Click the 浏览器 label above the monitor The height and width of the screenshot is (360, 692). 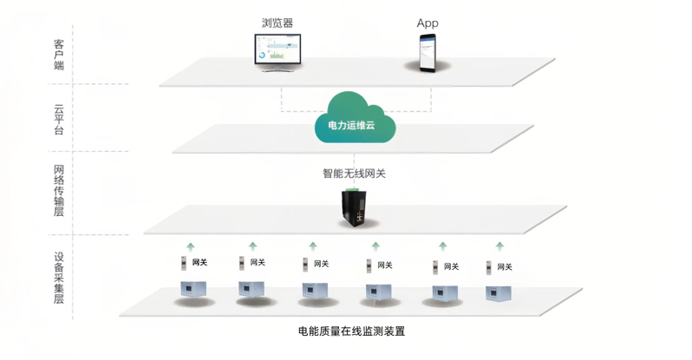pos(277,23)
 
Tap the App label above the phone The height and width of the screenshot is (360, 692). pos(428,23)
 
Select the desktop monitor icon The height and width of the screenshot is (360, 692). pos(277,53)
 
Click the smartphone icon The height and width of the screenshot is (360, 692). pos(428,53)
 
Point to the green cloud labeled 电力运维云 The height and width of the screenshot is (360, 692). pos(355,117)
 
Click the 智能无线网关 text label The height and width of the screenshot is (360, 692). pos(354,173)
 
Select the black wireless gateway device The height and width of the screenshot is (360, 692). pos(355,207)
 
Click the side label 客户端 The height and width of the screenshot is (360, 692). pos(59,55)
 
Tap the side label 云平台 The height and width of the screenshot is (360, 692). pos(59,119)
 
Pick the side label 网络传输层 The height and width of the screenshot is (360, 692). pos(59,190)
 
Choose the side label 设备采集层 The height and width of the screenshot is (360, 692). pos(59,278)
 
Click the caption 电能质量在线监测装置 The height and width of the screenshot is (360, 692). pos(352,331)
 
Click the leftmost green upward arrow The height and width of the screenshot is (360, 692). pos(190,247)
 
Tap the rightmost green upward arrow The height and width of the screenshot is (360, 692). pos(499,246)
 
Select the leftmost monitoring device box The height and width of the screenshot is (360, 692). pos(193,290)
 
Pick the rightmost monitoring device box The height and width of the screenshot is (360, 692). pos(499,293)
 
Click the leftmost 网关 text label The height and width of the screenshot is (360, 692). pos(199,262)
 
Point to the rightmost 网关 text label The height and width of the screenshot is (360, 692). pos(505,267)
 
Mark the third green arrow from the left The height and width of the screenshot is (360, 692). pos(313,246)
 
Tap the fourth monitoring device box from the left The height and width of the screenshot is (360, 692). pos(379,292)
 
